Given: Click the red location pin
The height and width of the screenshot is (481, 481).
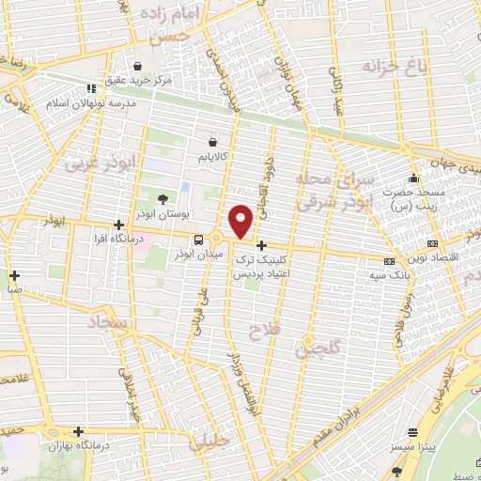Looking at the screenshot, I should [242, 222].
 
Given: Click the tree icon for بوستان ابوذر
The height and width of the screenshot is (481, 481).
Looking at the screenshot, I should [163, 199].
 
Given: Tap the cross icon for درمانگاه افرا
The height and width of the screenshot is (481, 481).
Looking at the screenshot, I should [118, 225].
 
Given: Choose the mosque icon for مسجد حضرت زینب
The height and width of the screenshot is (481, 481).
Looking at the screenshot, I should [413, 178].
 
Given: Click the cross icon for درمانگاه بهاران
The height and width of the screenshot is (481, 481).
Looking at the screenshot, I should [80, 431].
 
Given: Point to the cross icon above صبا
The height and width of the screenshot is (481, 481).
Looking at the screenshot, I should [15, 275].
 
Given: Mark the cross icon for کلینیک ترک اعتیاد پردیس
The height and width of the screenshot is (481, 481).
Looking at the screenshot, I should [261, 246].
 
